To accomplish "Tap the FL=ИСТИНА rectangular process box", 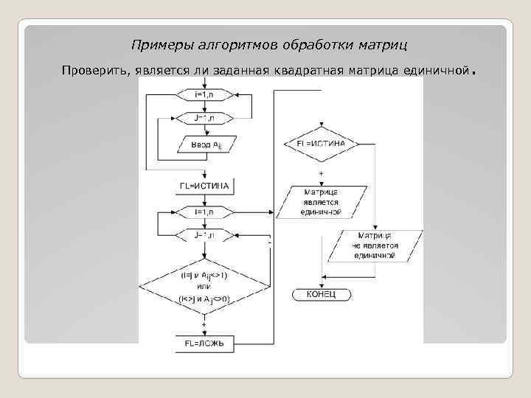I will [x=204, y=184].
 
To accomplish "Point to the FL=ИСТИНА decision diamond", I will [x=320, y=142].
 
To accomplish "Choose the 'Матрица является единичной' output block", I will [x=320, y=201].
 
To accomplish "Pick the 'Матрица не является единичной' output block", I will [x=375, y=246].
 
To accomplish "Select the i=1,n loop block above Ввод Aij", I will [x=204, y=94].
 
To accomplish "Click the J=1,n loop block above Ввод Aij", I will [x=204, y=118].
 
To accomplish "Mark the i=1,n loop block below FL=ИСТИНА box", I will [x=204, y=212].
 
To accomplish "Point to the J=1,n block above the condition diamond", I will [x=204, y=236].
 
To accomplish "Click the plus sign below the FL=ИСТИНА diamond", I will [x=321, y=172].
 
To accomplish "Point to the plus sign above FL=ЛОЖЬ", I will [x=204, y=324].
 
